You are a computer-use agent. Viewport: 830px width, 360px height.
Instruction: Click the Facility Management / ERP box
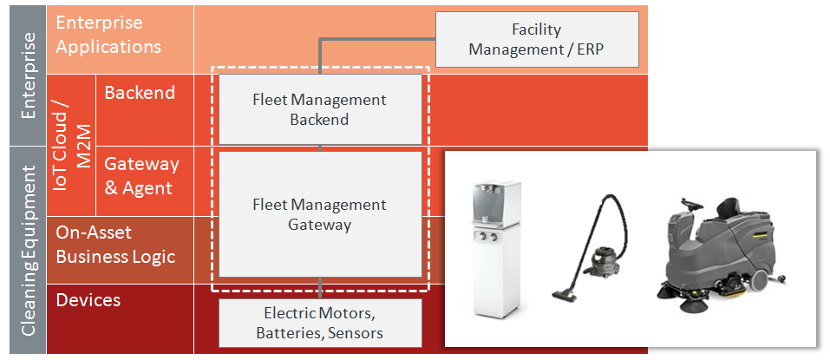tap(536, 40)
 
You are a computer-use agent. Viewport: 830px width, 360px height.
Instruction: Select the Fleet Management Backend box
tap(320, 109)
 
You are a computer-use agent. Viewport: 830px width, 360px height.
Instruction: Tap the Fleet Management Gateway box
tap(320, 214)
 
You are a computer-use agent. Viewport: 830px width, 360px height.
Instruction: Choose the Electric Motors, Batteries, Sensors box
tap(320, 322)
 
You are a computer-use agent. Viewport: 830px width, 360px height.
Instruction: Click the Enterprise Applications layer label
tap(108, 34)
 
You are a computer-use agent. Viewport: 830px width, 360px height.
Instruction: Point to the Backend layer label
tap(140, 93)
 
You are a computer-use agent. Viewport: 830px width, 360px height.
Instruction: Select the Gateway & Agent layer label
tap(141, 175)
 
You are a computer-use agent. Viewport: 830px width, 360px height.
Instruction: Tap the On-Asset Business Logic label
tap(115, 244)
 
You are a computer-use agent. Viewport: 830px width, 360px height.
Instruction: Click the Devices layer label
tap(88, 300)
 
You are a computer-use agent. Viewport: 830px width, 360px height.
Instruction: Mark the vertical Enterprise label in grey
tap(29, 75)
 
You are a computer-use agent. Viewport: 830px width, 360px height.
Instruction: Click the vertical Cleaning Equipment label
tap(29, 252)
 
